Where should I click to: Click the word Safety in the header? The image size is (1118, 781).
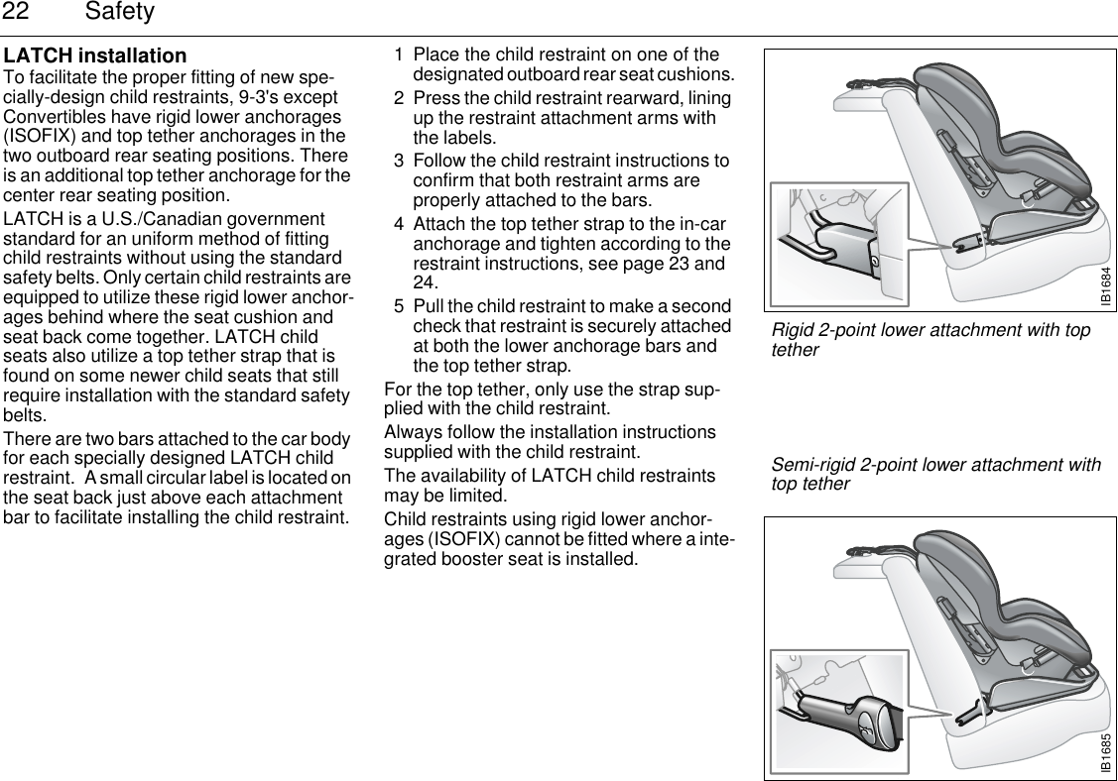[120, 12]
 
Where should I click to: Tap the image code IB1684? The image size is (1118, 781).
[1103, 279]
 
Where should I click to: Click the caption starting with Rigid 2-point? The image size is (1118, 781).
[931, 339]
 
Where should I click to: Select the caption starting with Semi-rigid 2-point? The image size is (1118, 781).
[935, 475]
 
